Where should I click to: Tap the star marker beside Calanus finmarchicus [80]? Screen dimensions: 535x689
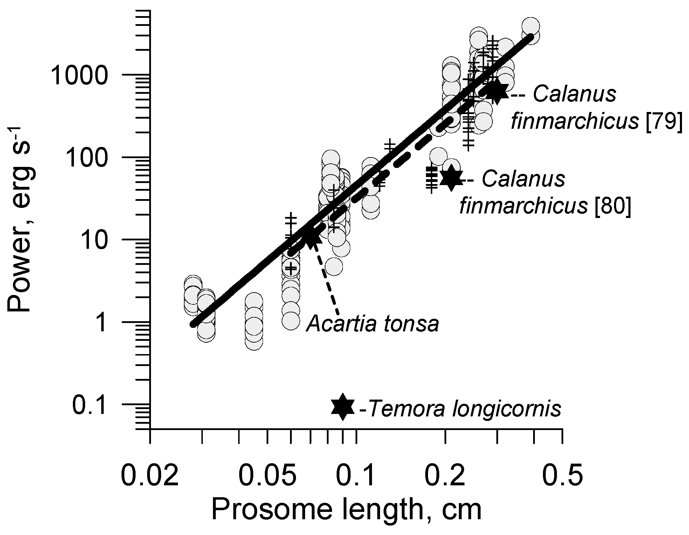[x=451, y=178]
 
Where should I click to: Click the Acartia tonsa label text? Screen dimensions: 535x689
[x=372, y=324]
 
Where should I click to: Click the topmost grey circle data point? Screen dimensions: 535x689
[x=530, y=27]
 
